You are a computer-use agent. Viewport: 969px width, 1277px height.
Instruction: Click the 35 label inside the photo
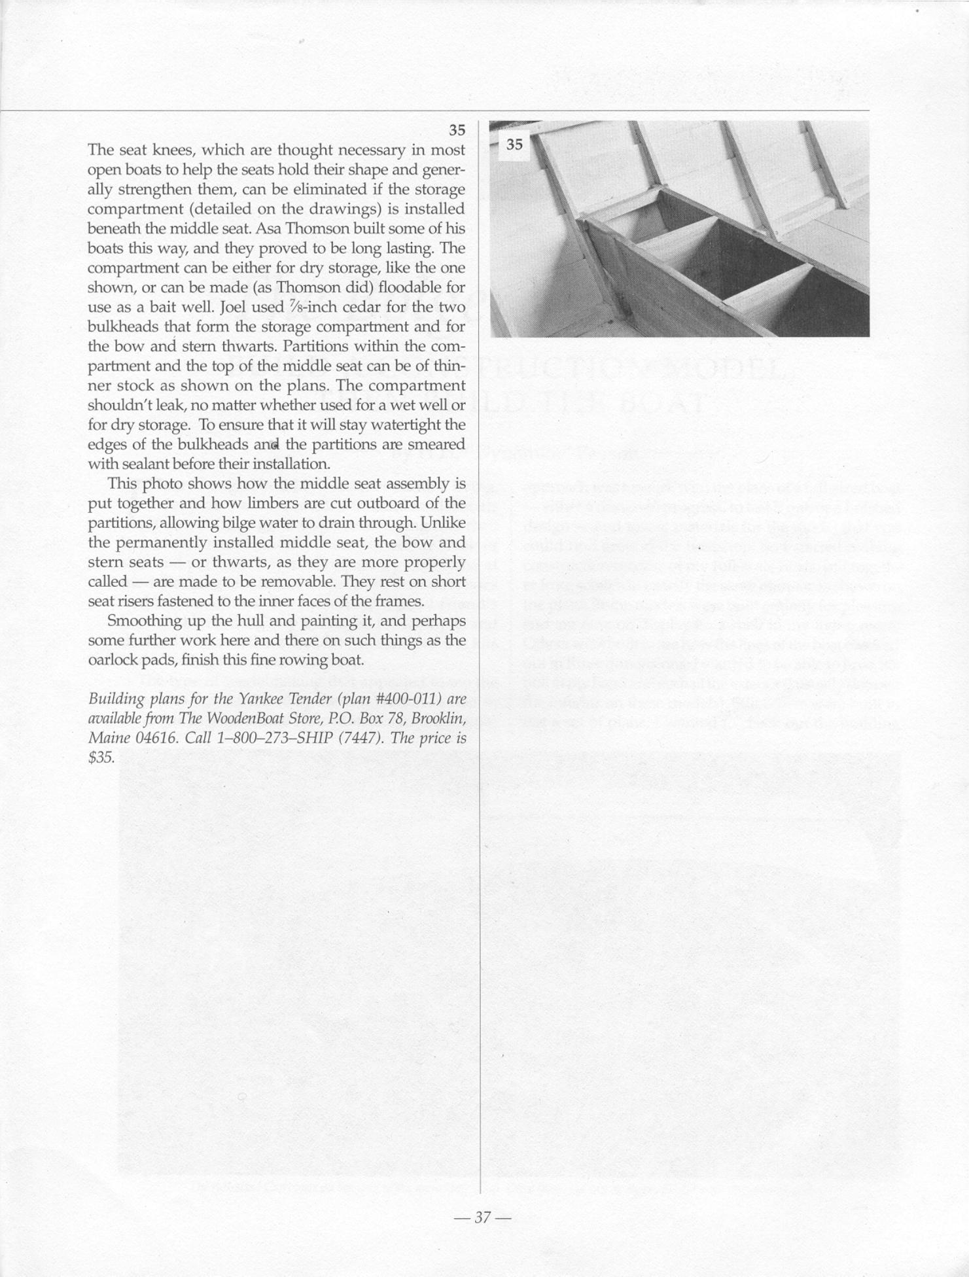[x=515, y=145]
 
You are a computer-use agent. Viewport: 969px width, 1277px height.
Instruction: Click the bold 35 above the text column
[x=457, y=130]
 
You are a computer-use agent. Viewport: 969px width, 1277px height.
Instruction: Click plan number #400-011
[x=408, y=699]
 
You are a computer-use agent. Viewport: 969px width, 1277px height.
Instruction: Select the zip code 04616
[x=145, y=739]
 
